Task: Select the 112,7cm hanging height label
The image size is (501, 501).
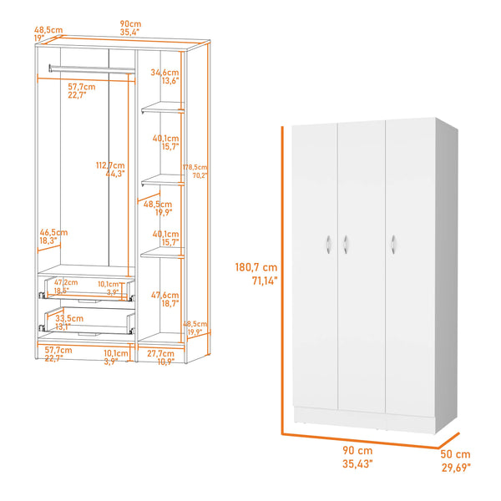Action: (x=109, y=165)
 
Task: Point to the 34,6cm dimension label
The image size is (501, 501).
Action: (x=164, y=73)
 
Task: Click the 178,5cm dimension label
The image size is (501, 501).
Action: (x=195, y=167)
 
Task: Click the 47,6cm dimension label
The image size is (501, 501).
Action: (x=165, y=295)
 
